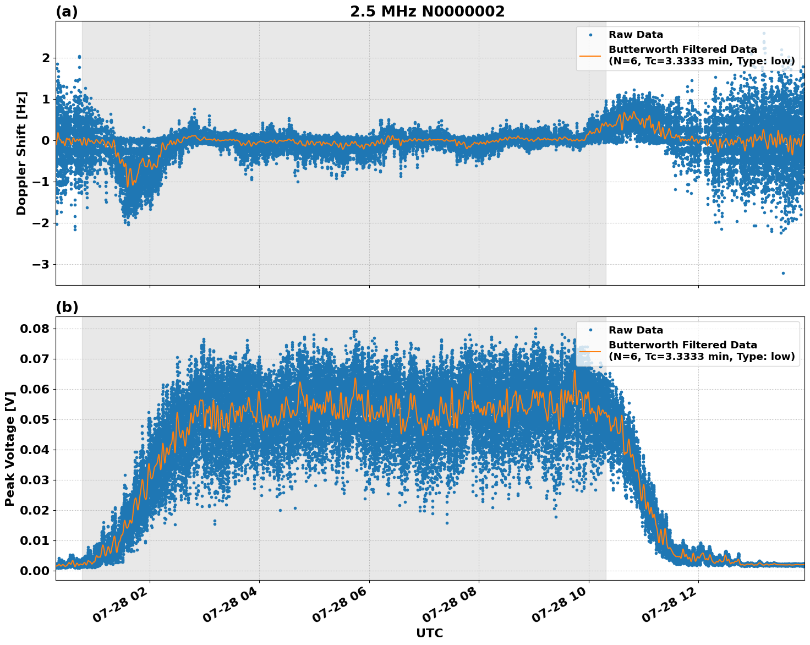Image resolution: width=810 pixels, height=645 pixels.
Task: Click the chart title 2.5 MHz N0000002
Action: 427,12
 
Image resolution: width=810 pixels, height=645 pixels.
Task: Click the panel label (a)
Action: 67,12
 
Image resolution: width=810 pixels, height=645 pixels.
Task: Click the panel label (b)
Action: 67,307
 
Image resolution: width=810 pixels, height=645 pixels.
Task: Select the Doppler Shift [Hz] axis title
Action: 21,153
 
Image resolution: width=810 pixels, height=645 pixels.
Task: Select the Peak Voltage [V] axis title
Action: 9,448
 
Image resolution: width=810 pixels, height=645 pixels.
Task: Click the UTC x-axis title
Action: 429,633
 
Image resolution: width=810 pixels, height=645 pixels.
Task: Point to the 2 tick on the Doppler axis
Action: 46,58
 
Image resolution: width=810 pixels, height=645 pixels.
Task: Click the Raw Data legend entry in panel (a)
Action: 636,35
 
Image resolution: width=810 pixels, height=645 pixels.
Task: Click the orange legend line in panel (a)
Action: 590,55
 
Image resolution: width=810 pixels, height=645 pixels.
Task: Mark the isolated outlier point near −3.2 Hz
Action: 783,273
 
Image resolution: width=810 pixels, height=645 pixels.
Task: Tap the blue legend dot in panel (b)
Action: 590,330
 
